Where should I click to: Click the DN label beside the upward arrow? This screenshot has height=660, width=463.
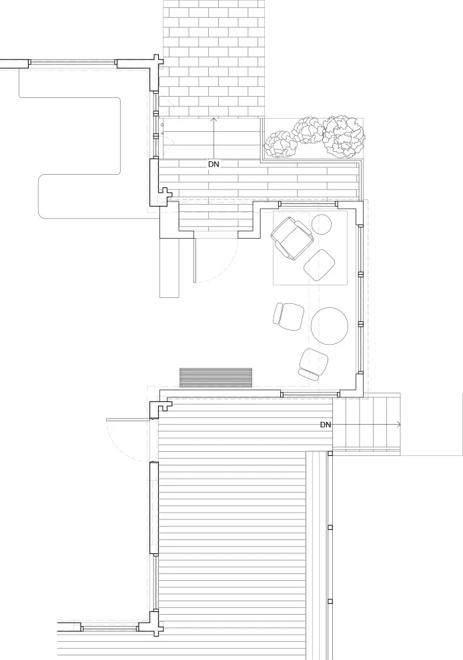click(x=213, y=165)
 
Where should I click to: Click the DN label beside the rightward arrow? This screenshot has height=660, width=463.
click(x=326, y=425)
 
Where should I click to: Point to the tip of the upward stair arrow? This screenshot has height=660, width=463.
click(x=213, y=118)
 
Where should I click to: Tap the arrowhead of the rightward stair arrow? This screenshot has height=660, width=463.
click(x=399, y=425)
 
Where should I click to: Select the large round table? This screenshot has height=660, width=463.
click(x=330, y=326)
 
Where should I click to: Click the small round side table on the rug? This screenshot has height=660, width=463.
click(x=322, y=225)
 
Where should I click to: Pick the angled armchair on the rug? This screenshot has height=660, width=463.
click(x=292, y=238)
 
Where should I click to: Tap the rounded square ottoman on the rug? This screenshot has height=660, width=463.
click(x=320, y=265)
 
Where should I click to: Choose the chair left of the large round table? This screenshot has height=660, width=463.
click(x=289, y=316)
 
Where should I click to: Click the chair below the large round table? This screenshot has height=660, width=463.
click(x=313, y=364)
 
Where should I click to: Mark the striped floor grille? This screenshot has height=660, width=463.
click(x=215, y=377)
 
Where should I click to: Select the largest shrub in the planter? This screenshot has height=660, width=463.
click(x=344, y=137)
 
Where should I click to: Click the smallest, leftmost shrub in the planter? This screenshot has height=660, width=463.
click(x=280, y=145)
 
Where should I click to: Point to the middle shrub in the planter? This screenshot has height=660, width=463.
click(x=308, y=131)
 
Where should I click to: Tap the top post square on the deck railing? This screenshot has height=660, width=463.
click(x=330, y=453)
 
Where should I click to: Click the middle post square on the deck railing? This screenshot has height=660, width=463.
click(x=330, y=527)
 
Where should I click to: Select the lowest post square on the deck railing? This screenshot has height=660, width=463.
click(x=330, y=601)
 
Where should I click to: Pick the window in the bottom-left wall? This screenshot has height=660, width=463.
click(x=109, y=628)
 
